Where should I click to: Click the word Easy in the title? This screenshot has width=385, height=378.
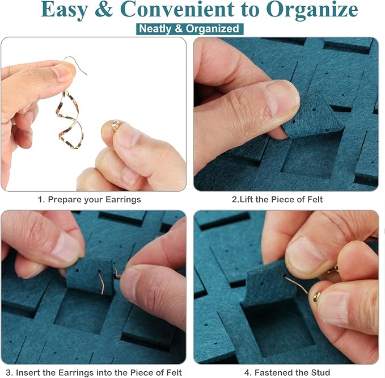(64, 10)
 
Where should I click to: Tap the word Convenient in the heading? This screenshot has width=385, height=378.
(177, 9)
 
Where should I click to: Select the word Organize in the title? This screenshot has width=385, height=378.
(312, 10)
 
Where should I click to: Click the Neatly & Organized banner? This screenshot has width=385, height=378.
(189, 29)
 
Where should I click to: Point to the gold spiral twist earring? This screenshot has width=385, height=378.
(70, 120)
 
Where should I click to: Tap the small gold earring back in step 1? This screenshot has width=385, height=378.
(115, 125)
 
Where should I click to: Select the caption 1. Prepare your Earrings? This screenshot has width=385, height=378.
(90, 200)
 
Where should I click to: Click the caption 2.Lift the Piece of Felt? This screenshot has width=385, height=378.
(277, 200)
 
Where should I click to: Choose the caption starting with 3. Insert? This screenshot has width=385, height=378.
(94, 372)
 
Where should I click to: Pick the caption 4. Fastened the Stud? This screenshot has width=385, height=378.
(287, 372)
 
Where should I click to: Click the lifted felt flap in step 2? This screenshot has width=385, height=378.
(312, 116)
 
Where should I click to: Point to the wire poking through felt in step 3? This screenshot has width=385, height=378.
(101, 282)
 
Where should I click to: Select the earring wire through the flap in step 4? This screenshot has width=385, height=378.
(296, 284)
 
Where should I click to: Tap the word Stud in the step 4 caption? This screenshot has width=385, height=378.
(319, 372)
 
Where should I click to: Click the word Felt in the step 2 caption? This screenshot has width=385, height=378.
(315, 200)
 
